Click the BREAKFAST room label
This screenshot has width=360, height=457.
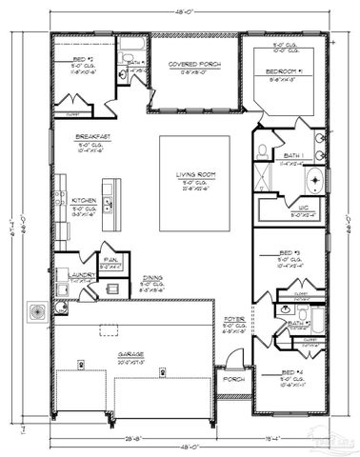(93, 135)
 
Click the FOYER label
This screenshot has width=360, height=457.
(232, 320)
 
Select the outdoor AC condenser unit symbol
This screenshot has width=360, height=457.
(38, 311)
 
